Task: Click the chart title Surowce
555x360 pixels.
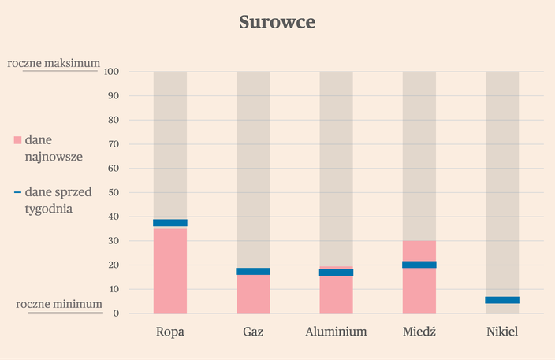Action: tap(277, 22)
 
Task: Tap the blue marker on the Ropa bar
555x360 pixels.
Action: tap(170, 223)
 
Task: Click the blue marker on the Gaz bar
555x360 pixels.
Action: tap(253, 271)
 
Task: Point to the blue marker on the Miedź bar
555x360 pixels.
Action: tap(419, 265)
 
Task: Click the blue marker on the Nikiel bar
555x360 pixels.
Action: tap(502, 300)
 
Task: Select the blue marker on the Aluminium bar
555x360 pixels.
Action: tap(336, 272)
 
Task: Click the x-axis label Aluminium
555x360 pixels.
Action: tap(336, 332)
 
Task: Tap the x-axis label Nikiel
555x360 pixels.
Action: tap(502, 332)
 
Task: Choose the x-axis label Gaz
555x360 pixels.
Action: tap(253, 332)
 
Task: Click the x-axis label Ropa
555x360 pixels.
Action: tap(170, 332)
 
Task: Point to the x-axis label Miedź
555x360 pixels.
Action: tap(419, 332)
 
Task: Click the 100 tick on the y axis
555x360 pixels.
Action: tap(111, 72)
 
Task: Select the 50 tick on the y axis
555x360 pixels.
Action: tap(114, 192)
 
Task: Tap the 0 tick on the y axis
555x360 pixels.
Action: tap(116, 314)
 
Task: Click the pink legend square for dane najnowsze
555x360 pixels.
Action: tap(18, 140)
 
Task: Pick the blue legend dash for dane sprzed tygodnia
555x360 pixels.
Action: tap(17, 192)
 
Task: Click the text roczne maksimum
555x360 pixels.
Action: tap(54, 62)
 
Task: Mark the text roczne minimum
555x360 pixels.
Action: tap(59, 304)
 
